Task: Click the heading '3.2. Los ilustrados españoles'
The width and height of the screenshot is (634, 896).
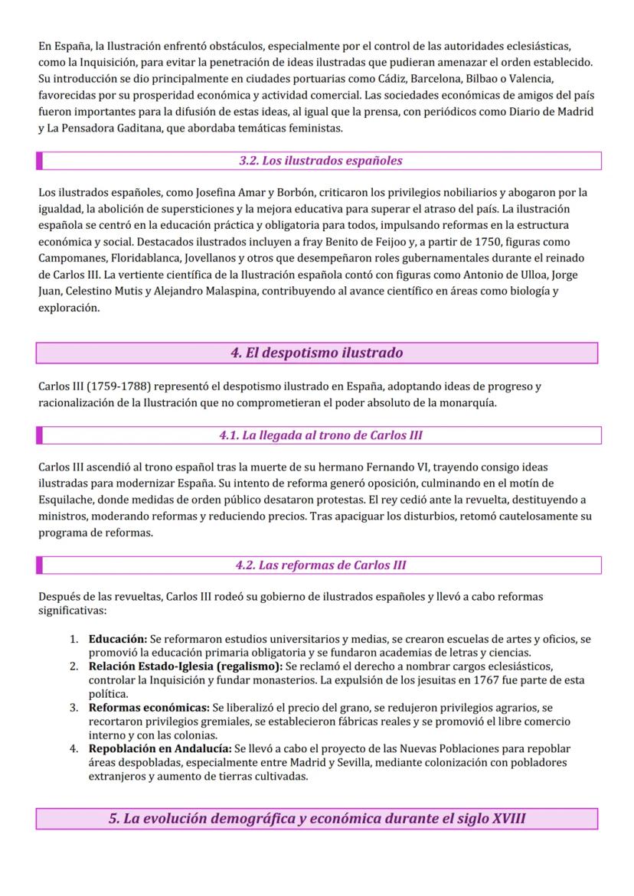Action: point(320,161)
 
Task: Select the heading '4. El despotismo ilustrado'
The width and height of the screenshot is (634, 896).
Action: point(316,353)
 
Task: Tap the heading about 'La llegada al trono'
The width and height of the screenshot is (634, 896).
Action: point(320,435)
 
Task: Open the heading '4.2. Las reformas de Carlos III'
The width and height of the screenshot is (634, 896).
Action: point(320,565)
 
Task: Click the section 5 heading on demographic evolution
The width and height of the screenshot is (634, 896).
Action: point(316,819)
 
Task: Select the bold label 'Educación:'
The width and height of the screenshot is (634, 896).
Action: point(118,638)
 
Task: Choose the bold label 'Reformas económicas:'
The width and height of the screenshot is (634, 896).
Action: point(149,709)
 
